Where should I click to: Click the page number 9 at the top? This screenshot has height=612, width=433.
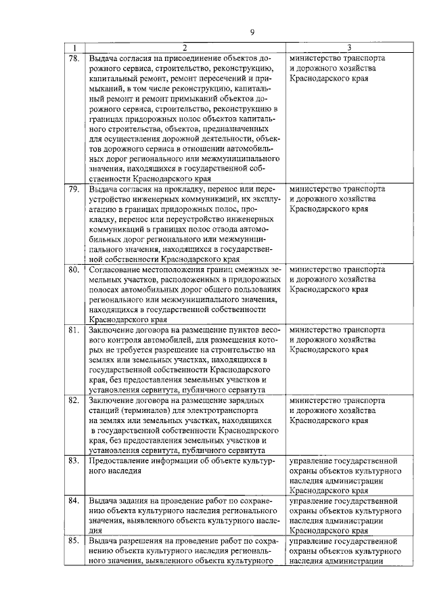(251, 32)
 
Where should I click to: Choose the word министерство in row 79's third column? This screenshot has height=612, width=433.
(315, 190)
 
